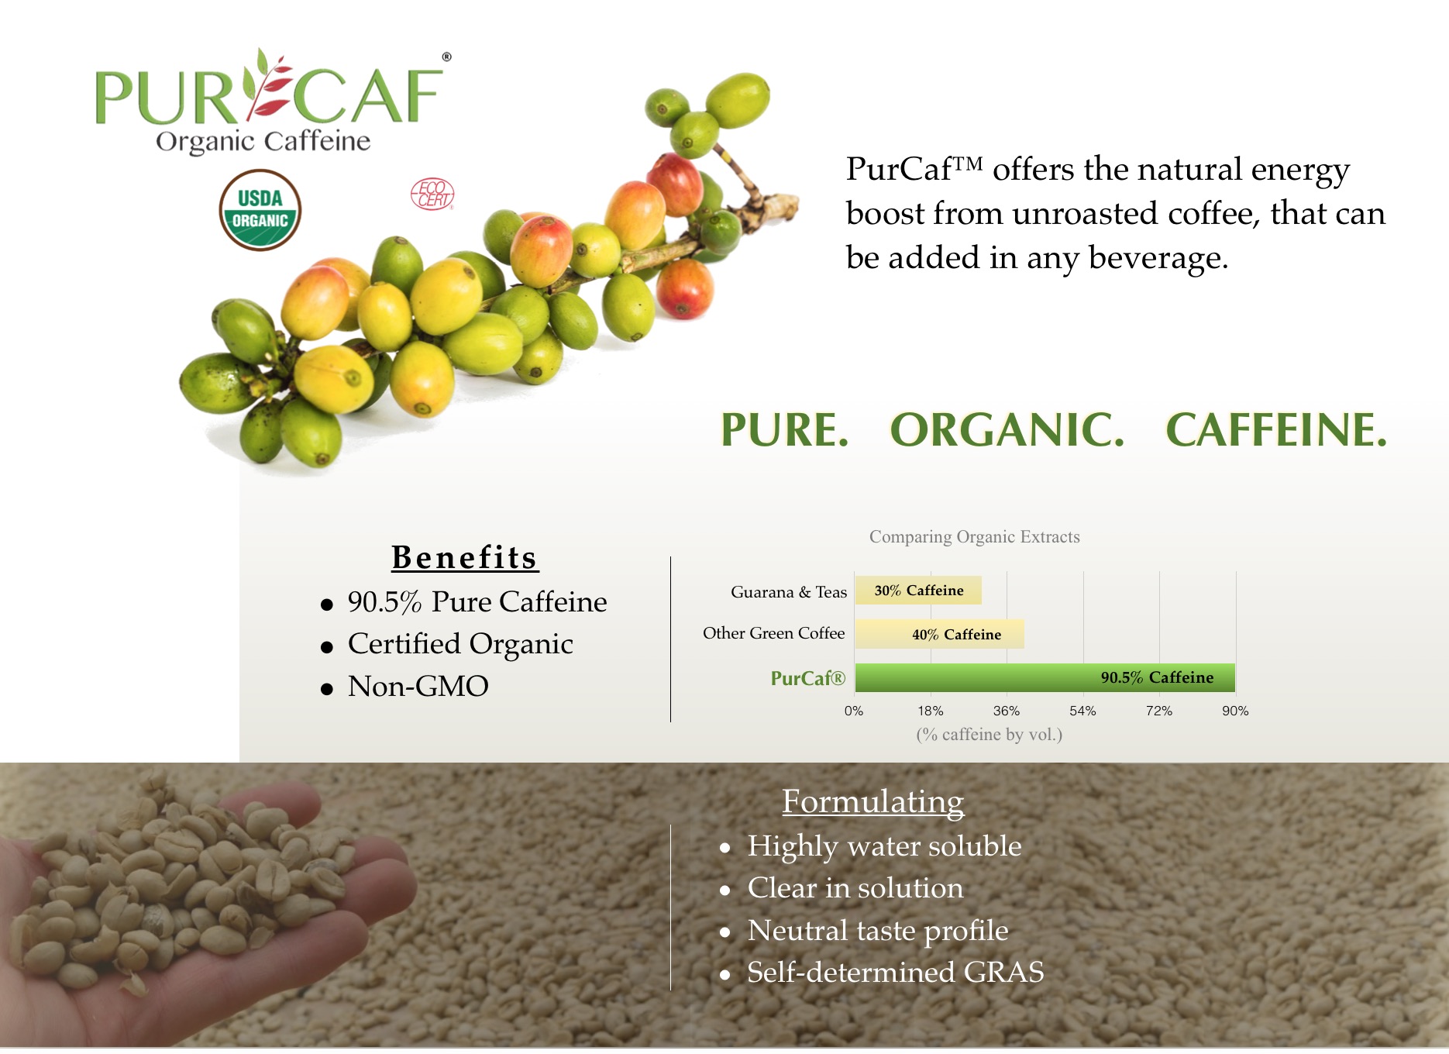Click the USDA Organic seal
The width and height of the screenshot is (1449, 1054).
pos(260,210)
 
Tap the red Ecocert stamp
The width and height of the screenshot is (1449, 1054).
pos(432,194)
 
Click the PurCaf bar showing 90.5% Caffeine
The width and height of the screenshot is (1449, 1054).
pos(1045,677)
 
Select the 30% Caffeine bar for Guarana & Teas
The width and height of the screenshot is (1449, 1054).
pos(918,591)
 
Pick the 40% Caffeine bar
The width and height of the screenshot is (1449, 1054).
pos(939,634)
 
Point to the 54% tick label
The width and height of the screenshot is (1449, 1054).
pos(1082,711)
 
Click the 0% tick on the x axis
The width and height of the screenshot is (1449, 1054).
pos(854,711)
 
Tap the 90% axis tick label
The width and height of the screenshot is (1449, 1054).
pos(1235,711)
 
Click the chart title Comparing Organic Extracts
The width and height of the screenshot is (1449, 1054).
pos(974,536)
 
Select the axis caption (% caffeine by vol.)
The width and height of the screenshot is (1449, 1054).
pos(989,734)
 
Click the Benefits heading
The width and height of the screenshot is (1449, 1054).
pos(464,557)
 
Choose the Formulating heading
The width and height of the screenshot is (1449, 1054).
pos(872,802)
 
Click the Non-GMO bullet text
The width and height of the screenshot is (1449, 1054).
pos(418,686)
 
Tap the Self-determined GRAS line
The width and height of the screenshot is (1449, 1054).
pos(895,972)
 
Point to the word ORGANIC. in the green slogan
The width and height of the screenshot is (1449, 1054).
pos(1007,429)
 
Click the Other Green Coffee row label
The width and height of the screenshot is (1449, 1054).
pos(773,633)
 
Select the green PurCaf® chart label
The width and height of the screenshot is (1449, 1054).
pos(807,678)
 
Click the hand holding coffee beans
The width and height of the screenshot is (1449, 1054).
pos(178,907)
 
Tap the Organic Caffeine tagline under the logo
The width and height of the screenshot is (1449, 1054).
pos(263,142)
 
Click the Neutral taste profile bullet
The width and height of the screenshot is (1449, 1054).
pos(877,930)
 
